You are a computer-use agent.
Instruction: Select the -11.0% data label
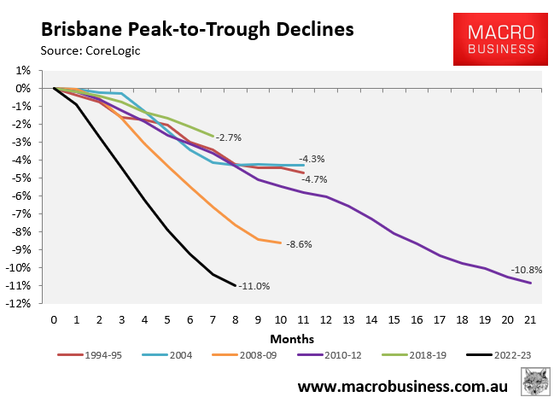254,287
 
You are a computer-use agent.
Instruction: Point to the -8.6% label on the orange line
299,244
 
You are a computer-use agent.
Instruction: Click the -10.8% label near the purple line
526,270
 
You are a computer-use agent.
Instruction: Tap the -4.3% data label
312,159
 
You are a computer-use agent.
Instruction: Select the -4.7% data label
314,179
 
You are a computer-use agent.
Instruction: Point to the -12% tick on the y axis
21,303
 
